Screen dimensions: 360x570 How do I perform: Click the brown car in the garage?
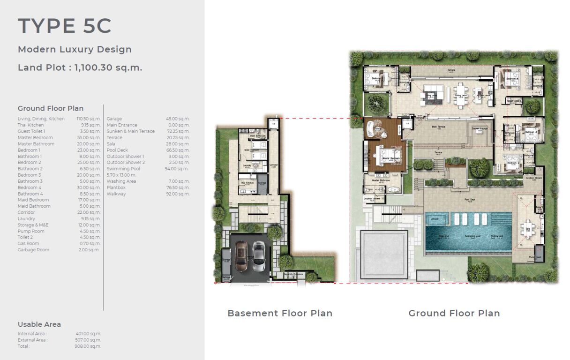[241, 256]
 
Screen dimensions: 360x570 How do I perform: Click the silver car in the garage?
[258, 256]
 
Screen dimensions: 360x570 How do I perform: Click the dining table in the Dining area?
[462, 90]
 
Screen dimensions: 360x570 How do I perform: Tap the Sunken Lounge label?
[480, 128]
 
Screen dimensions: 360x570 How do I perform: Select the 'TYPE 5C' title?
[65, 26]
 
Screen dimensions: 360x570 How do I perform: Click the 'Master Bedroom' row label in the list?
[35, 138]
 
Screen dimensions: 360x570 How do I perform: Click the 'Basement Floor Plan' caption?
[280, 313]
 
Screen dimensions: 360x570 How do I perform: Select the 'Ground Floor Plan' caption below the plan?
[454, 313]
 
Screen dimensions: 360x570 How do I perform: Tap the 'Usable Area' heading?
[39, 324]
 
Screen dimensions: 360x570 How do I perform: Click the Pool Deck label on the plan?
[469, 199]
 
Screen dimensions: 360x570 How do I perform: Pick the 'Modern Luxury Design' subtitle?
[75, 49]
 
